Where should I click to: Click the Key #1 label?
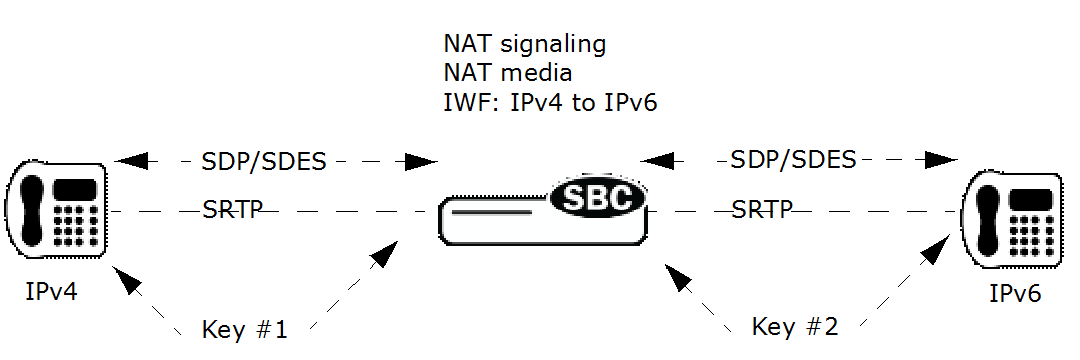coord(245,329)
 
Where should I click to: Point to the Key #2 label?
coord(795,325)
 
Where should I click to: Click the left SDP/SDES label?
coord(265,161)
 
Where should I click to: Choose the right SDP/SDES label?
coord(793,158)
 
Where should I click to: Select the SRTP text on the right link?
coord(762,209)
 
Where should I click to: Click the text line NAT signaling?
coord(525,45)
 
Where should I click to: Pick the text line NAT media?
coord(509,73)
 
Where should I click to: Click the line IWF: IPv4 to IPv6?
coord(550,102)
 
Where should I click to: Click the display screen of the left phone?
coord(75,188)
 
